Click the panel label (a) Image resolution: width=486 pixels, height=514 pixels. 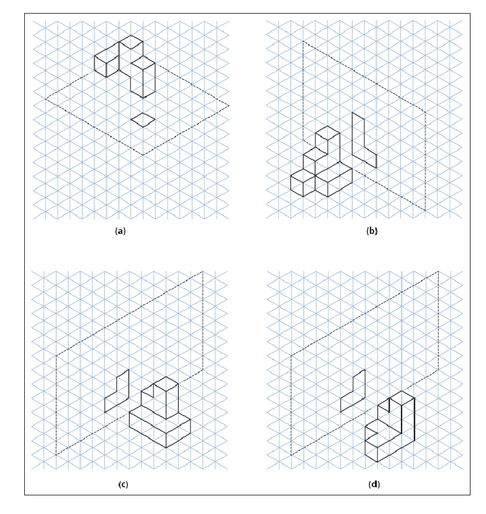120,231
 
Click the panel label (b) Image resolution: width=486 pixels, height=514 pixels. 372,231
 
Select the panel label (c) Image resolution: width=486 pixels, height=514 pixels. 123,484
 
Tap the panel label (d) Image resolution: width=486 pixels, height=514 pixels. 374,484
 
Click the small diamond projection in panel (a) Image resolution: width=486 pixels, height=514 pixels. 143,120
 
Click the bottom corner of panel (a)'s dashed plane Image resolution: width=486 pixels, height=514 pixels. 143,155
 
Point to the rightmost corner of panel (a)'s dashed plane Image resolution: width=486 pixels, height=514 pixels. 228,106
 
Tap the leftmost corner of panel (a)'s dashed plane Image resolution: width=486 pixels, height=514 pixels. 45,99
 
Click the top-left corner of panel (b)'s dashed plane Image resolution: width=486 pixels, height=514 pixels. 303,42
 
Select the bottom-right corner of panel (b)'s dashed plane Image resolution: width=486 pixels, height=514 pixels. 426,211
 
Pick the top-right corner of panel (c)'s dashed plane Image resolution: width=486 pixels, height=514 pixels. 203,271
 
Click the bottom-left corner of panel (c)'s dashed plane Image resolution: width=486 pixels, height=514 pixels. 56,455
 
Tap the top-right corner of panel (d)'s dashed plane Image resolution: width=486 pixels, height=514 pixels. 438,271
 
